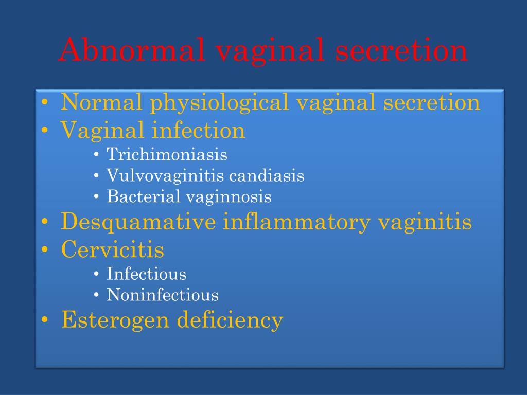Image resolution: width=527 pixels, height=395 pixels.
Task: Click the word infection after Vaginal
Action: click(198, 130)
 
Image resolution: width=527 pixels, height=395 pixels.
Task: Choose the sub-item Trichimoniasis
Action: click(167, 154)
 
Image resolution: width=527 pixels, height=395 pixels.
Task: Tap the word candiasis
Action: click(267, 176)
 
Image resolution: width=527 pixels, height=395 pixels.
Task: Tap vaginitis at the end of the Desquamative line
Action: click(425, 222)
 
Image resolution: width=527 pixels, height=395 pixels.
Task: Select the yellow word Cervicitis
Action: click(113, 250)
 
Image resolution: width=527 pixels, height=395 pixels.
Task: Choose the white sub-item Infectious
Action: click(146, 274)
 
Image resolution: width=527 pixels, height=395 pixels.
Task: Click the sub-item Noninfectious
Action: click(163, 295)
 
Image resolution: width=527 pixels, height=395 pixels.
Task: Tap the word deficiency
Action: click(230, 320)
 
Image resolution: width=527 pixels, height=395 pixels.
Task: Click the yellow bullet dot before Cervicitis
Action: click(46, 250)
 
